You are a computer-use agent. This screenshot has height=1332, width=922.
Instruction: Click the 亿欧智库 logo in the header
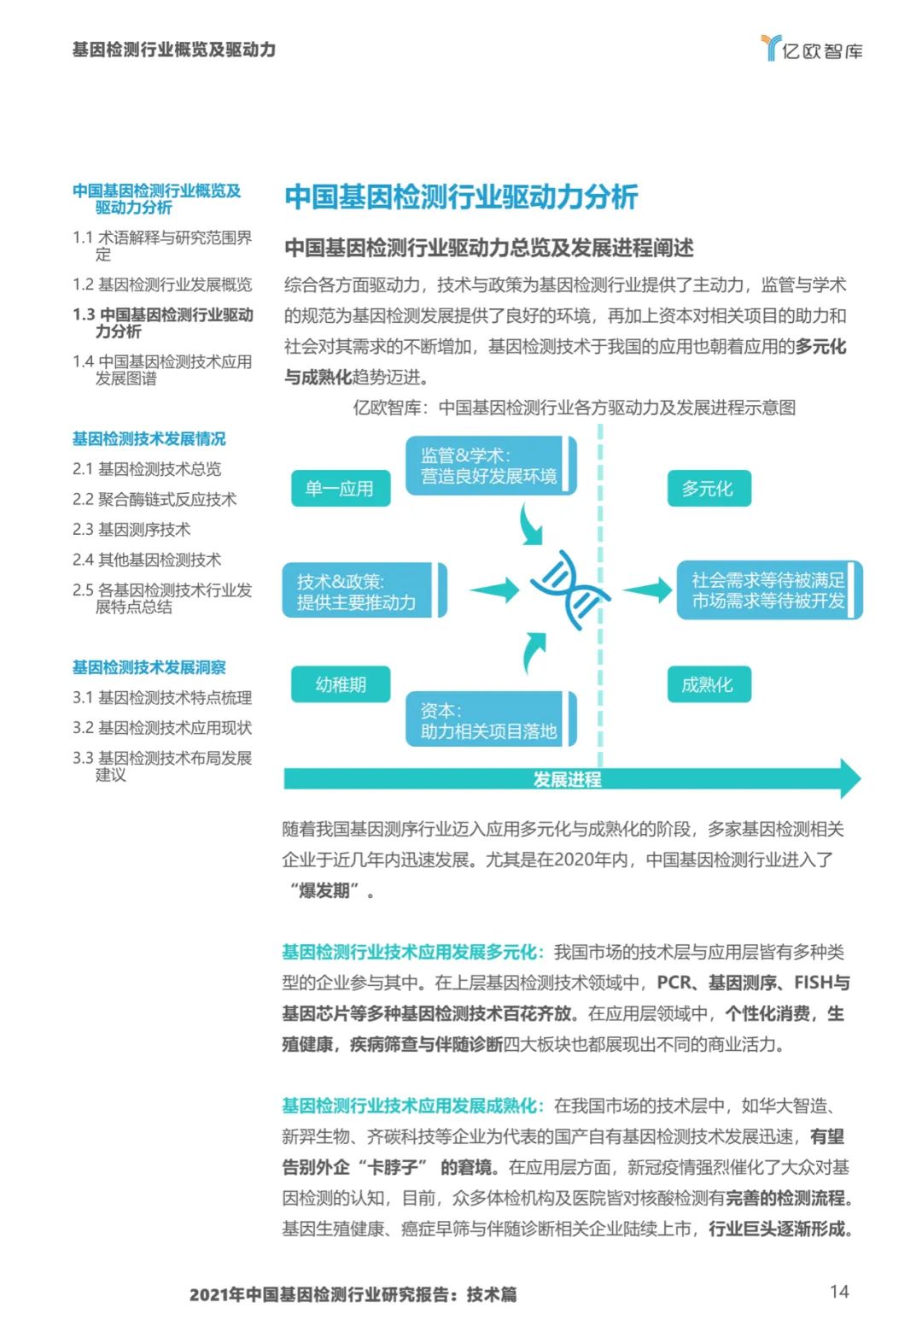(x=811, y=49)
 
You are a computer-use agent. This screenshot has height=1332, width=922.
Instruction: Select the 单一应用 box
(x=340, y=489)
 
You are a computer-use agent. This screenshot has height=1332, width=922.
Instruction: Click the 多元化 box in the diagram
(x=708, y=489)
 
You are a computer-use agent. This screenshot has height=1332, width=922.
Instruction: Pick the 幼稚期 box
(x=340, y=684)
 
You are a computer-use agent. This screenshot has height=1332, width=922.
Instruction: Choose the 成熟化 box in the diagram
(x=708, y=684)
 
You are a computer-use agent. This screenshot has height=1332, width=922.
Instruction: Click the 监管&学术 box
(x=490, y=466)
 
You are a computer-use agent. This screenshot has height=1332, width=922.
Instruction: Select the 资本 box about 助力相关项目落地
(x=490, y=720)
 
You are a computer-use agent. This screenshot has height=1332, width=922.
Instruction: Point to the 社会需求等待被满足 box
(x=769, y=590)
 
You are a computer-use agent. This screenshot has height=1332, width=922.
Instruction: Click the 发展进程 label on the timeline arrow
(x=567, y=779)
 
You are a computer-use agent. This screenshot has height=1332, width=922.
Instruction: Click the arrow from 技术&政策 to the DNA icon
(x=494, y=590)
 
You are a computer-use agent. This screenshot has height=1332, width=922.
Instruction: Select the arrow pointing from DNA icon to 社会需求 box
(x=648, y=590)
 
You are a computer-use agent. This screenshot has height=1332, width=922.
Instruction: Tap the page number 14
(x=839, y=1291)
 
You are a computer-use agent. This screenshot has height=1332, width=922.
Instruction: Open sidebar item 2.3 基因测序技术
(x=131, y=530)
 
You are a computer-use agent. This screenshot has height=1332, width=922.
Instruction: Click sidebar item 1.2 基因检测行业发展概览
(x=162, y=285)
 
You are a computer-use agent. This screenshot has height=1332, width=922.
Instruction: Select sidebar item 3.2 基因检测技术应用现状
(x=162, y=728)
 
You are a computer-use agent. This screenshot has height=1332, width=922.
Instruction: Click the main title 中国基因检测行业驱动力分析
(x=461, y=197)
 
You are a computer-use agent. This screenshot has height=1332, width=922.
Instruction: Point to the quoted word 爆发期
(x=324, y=891)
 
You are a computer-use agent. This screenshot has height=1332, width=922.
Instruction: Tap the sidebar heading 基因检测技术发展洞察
(x=149, y=667)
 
